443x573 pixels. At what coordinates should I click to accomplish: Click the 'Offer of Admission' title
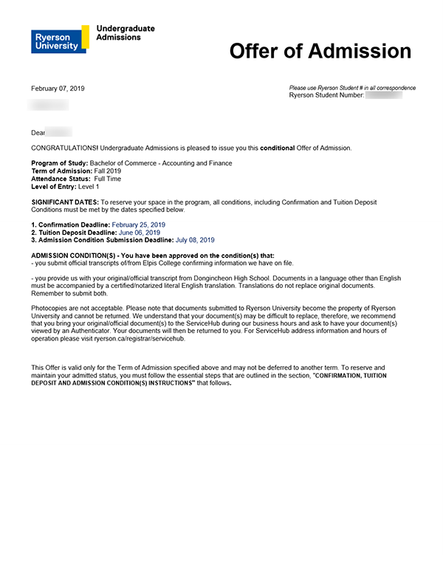(320, 51)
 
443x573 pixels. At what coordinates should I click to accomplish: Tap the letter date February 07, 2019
(58, 89)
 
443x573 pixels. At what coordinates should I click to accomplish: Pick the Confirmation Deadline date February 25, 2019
(138, 224)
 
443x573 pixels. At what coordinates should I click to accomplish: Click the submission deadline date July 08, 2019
(195, 240)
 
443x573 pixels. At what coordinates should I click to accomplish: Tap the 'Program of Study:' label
(59, 163)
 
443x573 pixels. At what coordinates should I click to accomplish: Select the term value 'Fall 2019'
(108, 171)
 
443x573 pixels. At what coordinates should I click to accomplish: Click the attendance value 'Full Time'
(108, 179)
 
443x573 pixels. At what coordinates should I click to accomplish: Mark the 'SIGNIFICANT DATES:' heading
(64, 202)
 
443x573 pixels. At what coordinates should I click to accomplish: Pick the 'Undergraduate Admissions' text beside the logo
(126, 32)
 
